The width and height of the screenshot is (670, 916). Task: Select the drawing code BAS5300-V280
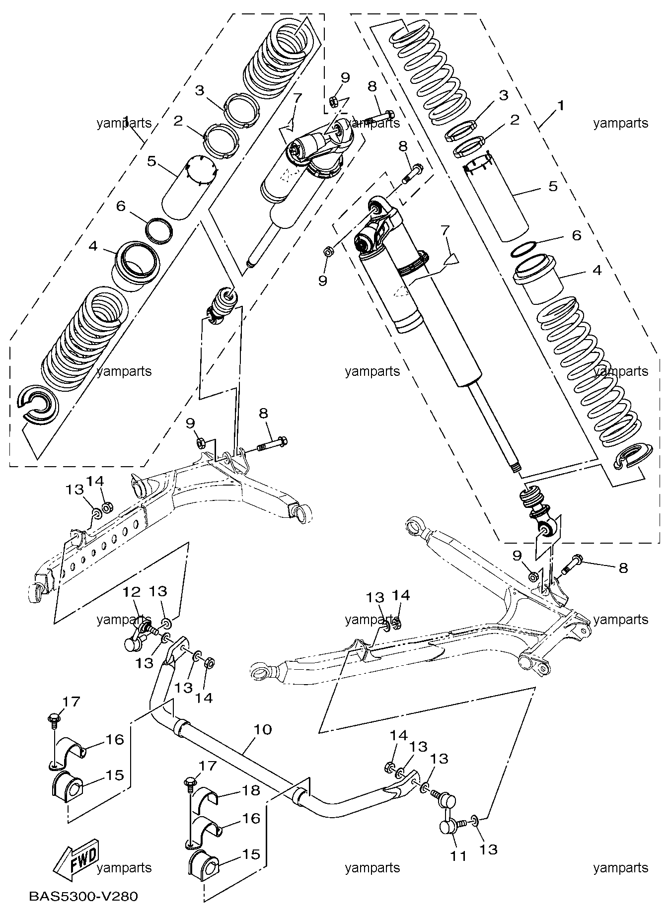[83, 896]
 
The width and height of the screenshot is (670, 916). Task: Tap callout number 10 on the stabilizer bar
[263, 729]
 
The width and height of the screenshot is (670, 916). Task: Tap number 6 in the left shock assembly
[120, 206]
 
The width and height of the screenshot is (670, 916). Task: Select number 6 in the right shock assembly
[577, 235]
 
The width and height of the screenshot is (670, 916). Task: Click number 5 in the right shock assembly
[553, 186]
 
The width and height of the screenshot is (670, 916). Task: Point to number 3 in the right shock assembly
[504, 95]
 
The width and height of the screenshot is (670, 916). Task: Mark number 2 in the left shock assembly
[178, 121]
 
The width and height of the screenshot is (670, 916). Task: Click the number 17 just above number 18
[208, 765]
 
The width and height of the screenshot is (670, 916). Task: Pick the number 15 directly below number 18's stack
[251, 854]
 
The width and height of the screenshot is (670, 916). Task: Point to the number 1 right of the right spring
[561, 106]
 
